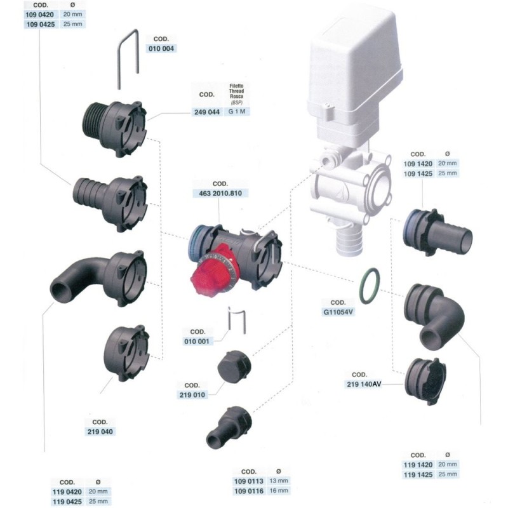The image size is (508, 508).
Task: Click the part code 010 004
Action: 163,48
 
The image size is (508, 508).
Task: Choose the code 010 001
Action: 196,340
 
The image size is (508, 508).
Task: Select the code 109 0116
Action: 248,491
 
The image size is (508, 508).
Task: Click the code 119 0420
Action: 67,491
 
